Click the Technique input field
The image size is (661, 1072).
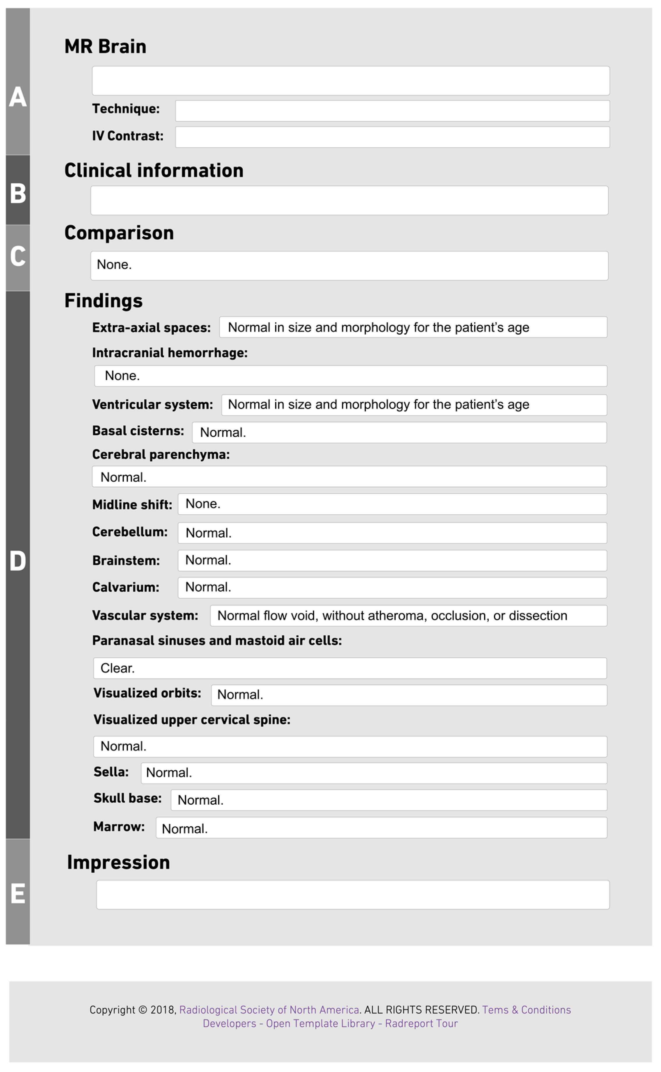click(x=392, y=111)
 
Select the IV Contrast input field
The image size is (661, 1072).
click(x=392, y=137)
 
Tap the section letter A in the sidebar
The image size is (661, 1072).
click(x=18, y=97)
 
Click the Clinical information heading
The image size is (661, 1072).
click(x=154, y=170)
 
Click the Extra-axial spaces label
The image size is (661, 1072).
click(x=151, y=328)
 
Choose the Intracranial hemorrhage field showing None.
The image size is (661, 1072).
click(x=350, y=376)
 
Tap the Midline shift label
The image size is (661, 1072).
click(x=132, y=505)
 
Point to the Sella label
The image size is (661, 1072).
click(x=111, y=772)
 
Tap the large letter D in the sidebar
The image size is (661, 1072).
click(x=18, y=561)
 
